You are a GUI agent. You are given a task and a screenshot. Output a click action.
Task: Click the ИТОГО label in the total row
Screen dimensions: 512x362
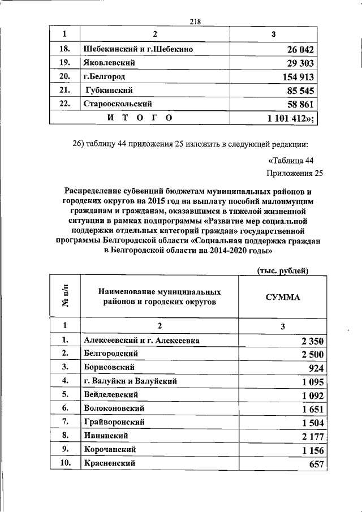(x=139, y=117)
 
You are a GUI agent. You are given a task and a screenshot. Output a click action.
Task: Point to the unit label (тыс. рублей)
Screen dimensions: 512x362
(x=282, y=271)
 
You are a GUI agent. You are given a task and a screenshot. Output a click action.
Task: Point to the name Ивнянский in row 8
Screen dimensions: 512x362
(x=106, y=436)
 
